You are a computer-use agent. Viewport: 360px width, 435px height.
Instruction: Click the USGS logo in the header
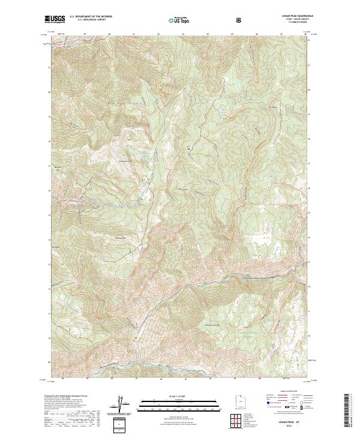[55, 19]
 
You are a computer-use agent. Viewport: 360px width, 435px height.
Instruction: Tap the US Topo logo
[179, 20]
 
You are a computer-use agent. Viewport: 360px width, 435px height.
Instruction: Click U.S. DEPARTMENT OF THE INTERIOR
[91, 17]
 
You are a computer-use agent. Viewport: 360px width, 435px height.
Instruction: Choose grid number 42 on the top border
[158, 35]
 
